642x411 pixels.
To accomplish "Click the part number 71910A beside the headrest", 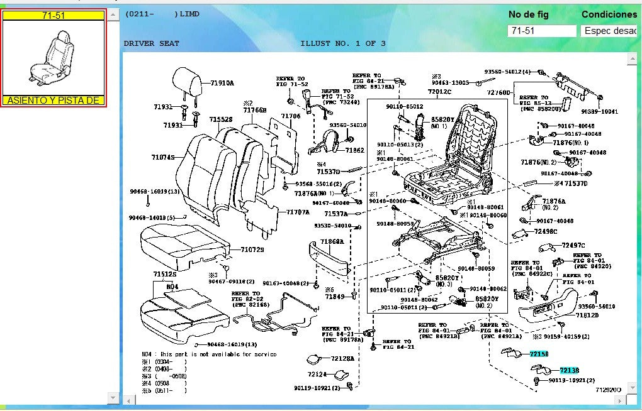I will (222, 83).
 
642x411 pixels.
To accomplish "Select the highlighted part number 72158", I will (539, 354).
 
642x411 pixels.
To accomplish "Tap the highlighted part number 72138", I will (569, 371).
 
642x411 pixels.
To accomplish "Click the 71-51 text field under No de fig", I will (541, 31).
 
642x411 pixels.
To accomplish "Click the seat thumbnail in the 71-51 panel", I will (53, 57).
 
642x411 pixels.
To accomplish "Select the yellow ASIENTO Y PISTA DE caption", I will (53, 101).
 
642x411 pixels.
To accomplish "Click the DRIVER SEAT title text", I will (151, 43).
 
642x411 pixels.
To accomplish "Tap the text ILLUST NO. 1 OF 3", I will (343, 43).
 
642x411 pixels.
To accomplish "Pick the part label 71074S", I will (162, 157).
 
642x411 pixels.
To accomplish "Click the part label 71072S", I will (252, 249).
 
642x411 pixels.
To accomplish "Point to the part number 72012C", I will (439, 92).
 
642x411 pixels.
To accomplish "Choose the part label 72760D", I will (498, 93).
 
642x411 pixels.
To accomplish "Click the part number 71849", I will (335, 296).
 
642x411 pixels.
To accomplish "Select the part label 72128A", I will (342, 358).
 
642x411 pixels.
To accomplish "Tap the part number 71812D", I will (587, 315).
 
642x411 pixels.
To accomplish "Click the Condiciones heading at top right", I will (609, 14).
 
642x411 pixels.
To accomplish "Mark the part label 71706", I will (290, 116).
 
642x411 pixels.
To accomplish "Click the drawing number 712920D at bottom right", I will (608, 390).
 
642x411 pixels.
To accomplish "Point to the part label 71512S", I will (165, 274).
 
